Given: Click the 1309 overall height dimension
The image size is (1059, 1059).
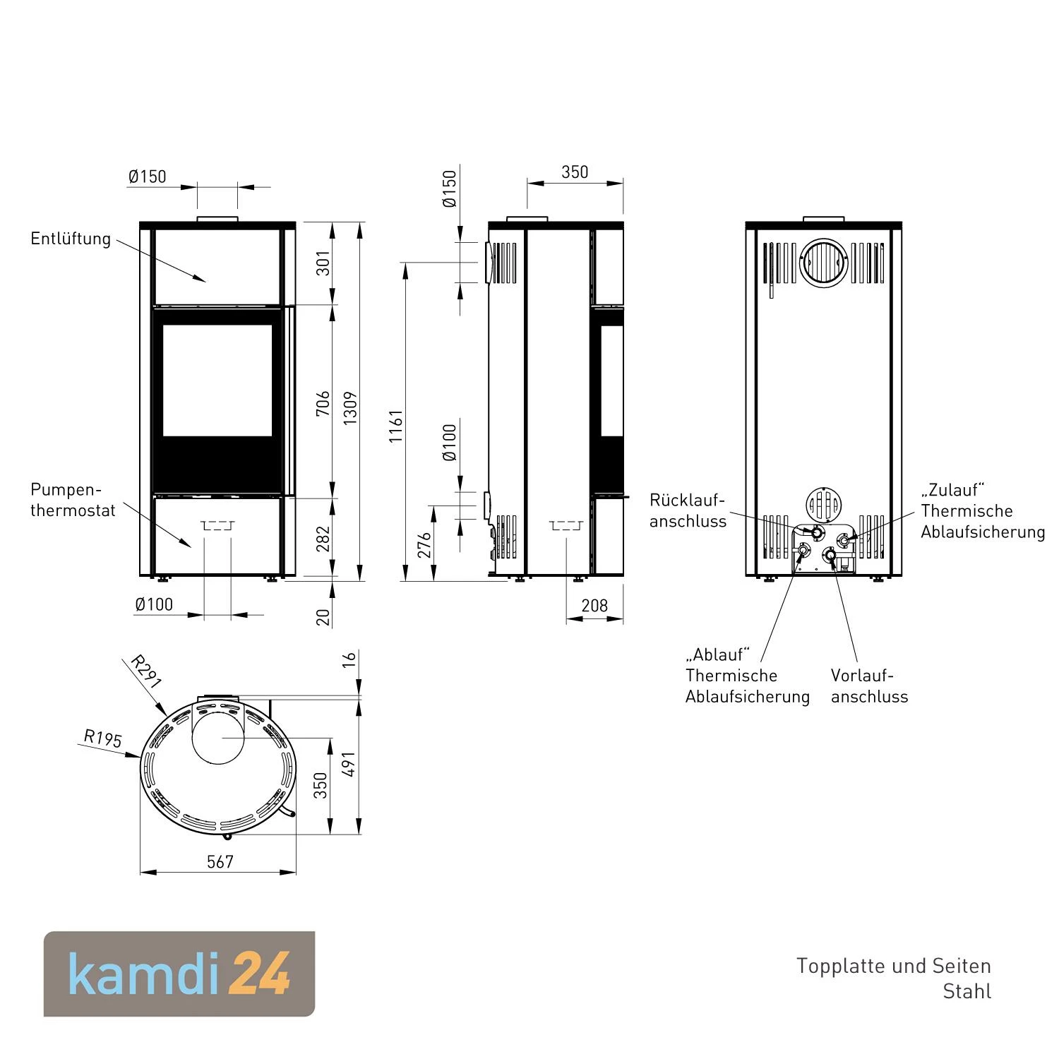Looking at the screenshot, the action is (x=350, y=408).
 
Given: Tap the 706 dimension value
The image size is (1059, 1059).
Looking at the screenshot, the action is (x=323, y=403).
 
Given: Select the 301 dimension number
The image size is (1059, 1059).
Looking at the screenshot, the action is (x=323, y=263).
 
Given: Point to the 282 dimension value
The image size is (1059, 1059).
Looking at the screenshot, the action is (x=323, y=539).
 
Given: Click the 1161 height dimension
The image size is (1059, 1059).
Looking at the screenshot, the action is (x=396, y=426).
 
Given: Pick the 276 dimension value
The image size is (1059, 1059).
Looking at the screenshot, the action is (x=424, y=545).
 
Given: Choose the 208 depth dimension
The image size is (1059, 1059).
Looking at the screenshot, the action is (x=594, y=605).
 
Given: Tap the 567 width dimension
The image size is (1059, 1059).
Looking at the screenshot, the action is (x=220, y=861).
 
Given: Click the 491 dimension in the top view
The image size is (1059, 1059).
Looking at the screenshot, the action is (x=349, y=764).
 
